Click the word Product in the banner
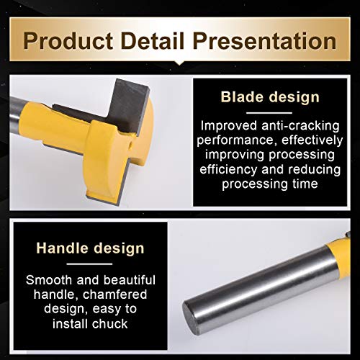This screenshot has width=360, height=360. point(68,41)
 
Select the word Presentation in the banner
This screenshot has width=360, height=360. point(264,41)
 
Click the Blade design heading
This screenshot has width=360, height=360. point(270,97)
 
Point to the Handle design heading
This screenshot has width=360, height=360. point(90,248)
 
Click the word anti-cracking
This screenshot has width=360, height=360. point(300,126)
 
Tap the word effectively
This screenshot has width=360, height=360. point(312,140)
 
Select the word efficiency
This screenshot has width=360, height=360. point(228,169)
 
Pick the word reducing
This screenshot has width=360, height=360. point(314,169)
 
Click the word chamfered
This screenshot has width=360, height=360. point(114,294)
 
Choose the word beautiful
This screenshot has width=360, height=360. point(130,280)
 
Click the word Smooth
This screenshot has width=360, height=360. point(49,280)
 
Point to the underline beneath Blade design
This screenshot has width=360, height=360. point(269,112)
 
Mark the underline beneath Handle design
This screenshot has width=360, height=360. point(89,264)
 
